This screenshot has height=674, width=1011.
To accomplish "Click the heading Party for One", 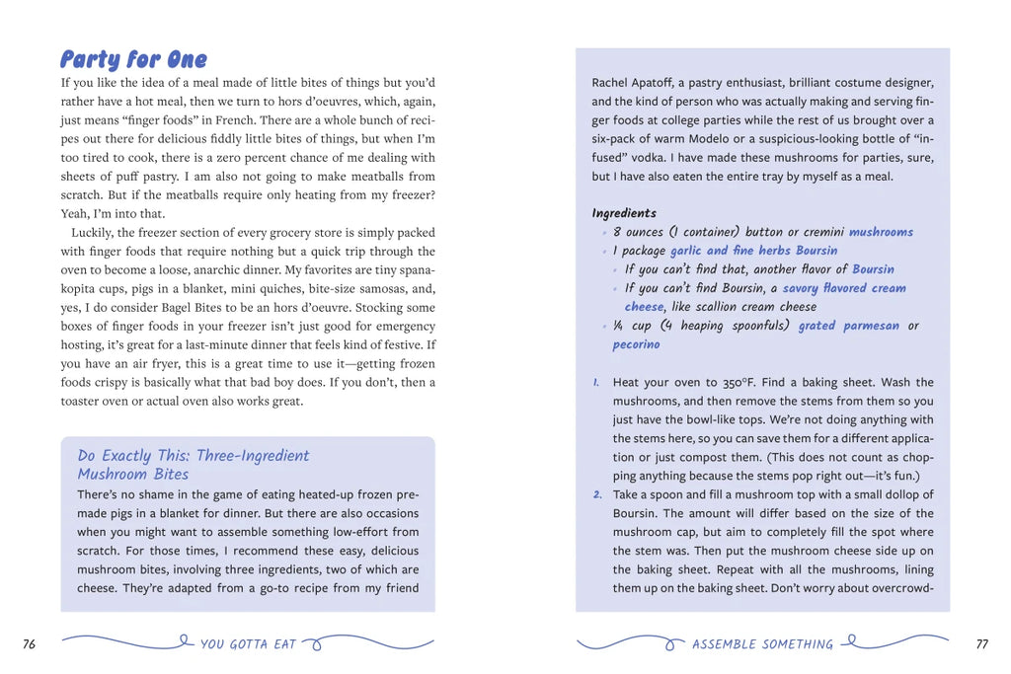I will (133, 60).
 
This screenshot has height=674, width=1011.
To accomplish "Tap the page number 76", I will (30, 644).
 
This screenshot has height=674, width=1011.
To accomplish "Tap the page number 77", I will (981, 644).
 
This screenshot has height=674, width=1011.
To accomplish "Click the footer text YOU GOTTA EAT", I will (248, 644).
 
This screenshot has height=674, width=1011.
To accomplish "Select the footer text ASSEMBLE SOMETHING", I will (762, 644).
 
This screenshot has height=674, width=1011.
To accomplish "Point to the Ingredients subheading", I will (624, 213).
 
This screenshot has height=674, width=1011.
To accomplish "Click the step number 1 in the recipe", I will (597, 382).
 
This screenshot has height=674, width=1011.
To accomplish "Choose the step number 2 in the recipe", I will (597, 494).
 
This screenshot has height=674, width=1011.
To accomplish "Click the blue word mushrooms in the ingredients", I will (881, 232).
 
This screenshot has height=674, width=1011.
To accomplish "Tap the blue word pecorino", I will (636, 344).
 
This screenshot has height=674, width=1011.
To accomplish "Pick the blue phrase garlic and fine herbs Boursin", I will (753, 251).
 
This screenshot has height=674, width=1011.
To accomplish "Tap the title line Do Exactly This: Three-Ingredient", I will (194, 456).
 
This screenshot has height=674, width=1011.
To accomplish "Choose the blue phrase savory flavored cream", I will (844, 288).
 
